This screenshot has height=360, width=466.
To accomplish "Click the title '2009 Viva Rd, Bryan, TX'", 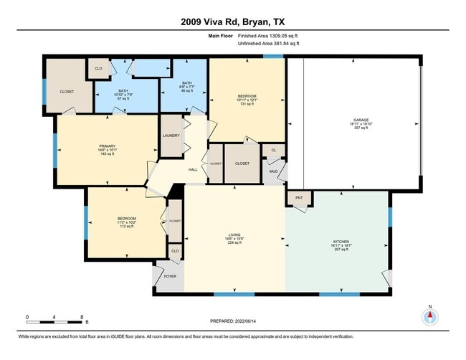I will (x=232, y=21).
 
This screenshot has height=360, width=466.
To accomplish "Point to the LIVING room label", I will (x=234, y=234).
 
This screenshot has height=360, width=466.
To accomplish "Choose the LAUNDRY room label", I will (x=171, y=135).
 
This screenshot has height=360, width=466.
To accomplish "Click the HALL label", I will (x=193, y=169).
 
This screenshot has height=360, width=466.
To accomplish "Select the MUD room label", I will (x=273, y=171).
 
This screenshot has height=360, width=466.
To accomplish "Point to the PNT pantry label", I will (x=299, y=197).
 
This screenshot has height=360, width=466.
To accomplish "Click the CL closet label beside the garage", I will (x=273, y=150).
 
